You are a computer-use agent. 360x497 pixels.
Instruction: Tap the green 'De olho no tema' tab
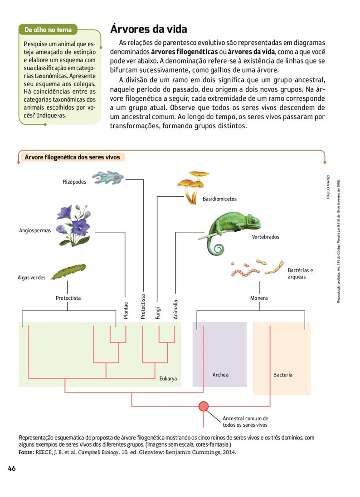click(48, 30)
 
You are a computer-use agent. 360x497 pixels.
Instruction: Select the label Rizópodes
click(75, 182)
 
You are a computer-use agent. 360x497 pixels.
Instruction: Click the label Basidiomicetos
click(219, 199)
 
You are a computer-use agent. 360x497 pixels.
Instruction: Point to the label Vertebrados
click(266, 237)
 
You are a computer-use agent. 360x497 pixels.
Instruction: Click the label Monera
click(259, 298)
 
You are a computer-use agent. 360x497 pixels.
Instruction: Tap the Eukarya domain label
click(168, 378)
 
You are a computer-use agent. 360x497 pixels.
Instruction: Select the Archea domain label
click(220, 375)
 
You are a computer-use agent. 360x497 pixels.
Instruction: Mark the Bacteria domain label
click(283, 375)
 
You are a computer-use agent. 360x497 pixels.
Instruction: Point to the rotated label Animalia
click(175, 309)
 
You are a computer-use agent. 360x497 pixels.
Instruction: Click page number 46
click(12, 468)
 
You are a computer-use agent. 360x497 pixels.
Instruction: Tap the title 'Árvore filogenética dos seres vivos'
click(73, 157)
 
